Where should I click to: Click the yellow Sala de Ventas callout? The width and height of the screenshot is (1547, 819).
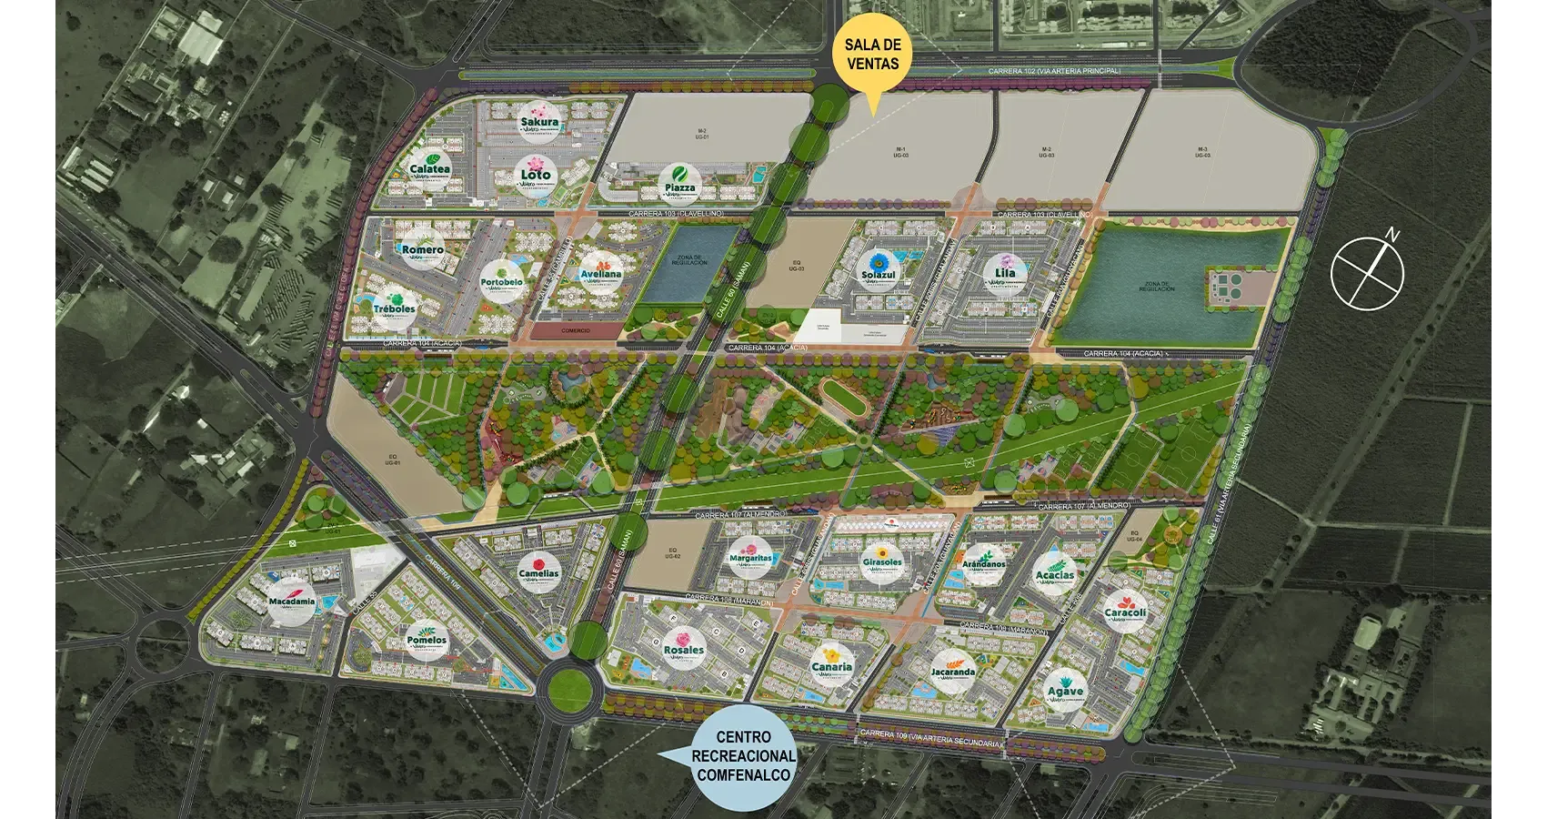pyautogui.click(x=872, y=55)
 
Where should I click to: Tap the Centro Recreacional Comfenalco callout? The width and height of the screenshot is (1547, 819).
pyautogui.click(x=743, y=756)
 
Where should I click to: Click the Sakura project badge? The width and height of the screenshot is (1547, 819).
pyautogui.click(x=539, y=122)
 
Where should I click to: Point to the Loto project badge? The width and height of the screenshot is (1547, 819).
pyautogui.click(x=536, y=174)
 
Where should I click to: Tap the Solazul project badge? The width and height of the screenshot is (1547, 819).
pyautogui.click(x=878, y=270)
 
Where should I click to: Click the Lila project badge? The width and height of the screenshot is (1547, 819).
pyautogui.click(x=1004, y=273)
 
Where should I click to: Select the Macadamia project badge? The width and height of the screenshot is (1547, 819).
pyautogui.click(x=292, y=601)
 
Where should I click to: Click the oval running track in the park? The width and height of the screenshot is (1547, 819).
pyautogui.click(x=842, y=399)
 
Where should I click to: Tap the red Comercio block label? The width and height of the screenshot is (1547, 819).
pyautogui.click(x=575, y=330)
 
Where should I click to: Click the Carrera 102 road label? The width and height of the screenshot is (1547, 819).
pyautogui.click(x=1054, y=71)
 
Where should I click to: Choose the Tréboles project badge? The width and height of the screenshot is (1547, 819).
pyautogui.click(x=394, y=304)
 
